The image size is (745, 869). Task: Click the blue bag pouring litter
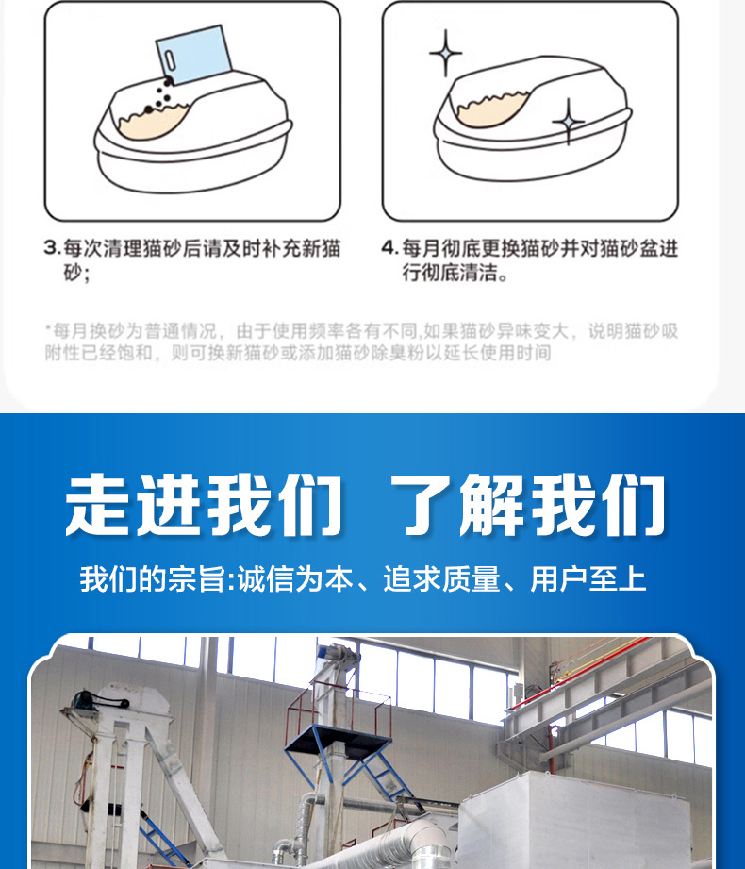(x=193, y=55)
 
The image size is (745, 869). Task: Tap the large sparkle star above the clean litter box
(x=446, y=53)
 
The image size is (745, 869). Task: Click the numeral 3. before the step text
(x=52, y=247)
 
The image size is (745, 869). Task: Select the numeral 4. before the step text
(x=390, y=247)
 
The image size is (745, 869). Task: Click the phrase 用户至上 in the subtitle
(x=588, y=579)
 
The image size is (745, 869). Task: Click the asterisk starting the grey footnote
(x=48, y=328)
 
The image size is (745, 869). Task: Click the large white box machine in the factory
(x=573, y=820)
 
